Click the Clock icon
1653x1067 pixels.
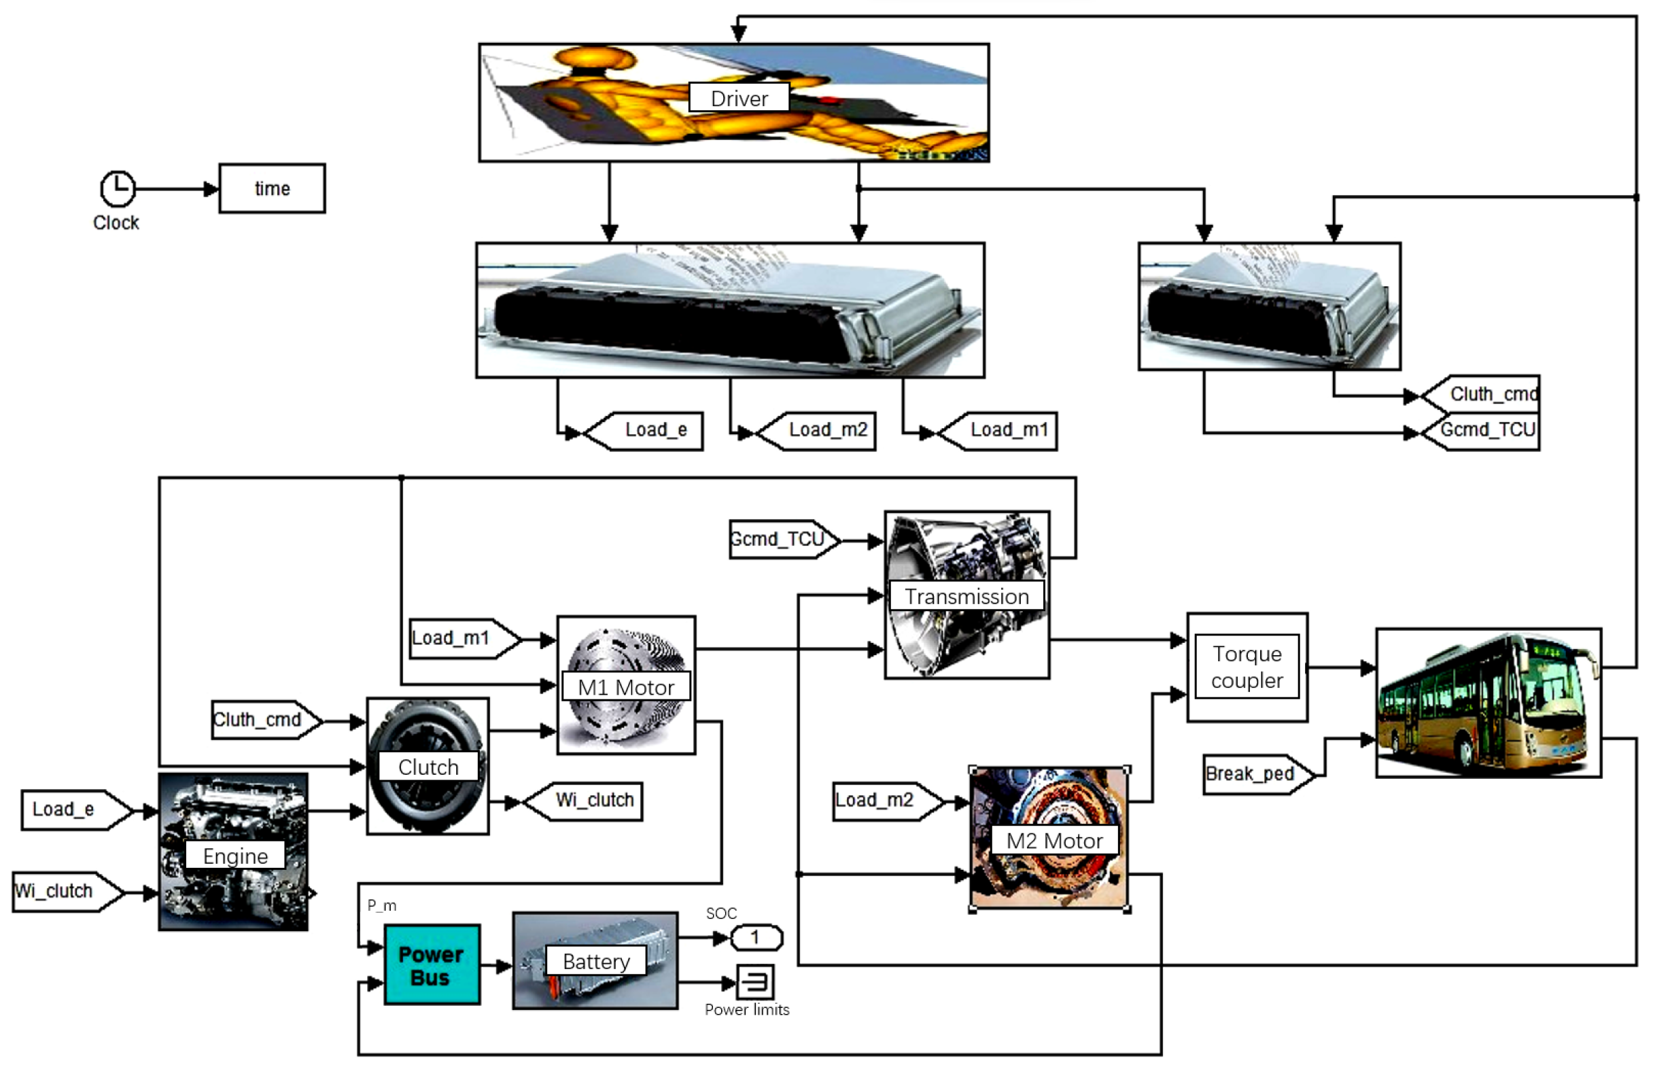117,188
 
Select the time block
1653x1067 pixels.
272,188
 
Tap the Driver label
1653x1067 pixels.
739,98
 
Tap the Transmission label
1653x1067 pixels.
967,597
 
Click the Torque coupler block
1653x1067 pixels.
1247,667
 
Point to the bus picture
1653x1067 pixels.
1487,703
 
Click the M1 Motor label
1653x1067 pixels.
625,687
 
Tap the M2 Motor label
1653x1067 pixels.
1054,841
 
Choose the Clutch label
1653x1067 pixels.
428,767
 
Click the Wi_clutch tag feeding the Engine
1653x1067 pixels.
63,891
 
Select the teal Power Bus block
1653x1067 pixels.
432,965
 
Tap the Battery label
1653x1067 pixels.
596,962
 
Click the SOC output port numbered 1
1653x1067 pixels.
756,938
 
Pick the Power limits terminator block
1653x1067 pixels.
754,982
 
